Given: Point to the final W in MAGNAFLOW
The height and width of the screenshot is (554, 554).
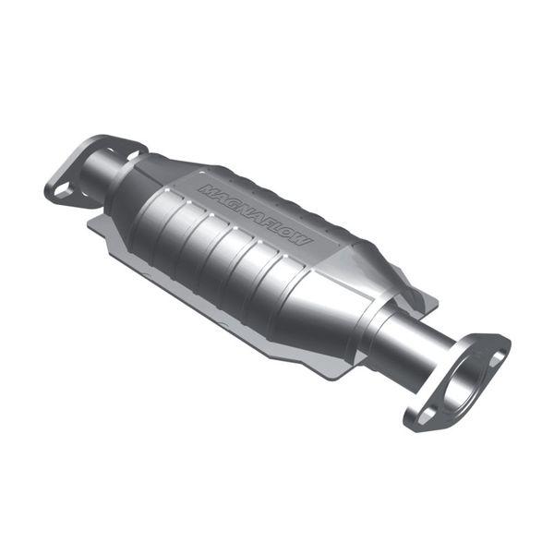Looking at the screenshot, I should pos(305,241).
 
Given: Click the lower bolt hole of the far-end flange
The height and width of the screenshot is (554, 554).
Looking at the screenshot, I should pos(61,191).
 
